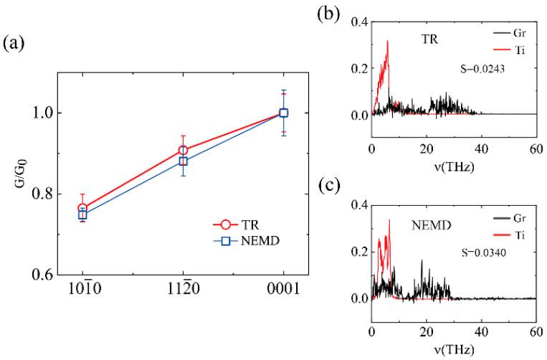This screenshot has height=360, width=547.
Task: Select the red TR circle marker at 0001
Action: [284, 113]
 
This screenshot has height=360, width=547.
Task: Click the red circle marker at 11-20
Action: [184, 151]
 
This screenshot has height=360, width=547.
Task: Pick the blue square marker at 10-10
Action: [82, 214]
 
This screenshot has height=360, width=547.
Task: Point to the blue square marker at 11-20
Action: [184, 161]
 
